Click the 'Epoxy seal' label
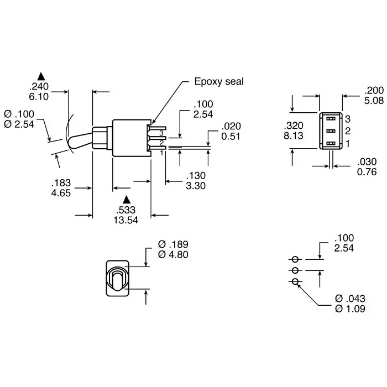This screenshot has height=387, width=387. point(218,82)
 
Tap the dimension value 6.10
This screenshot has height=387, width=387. point(39,95)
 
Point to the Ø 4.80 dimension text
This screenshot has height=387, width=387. point(174,255)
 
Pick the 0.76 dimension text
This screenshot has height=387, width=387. point(367,172)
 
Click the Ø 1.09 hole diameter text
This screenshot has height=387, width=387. point(350,309)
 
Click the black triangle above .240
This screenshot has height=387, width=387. point(40,75)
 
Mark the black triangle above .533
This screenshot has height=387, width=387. point(127,199)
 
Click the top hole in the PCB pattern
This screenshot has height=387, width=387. point(295,259)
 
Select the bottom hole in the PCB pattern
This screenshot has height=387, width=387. point(295,282)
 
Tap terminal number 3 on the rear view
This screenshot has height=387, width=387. point(348,118)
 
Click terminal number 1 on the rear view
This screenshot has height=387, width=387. point(348,144)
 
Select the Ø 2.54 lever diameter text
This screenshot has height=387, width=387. point(19,124)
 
